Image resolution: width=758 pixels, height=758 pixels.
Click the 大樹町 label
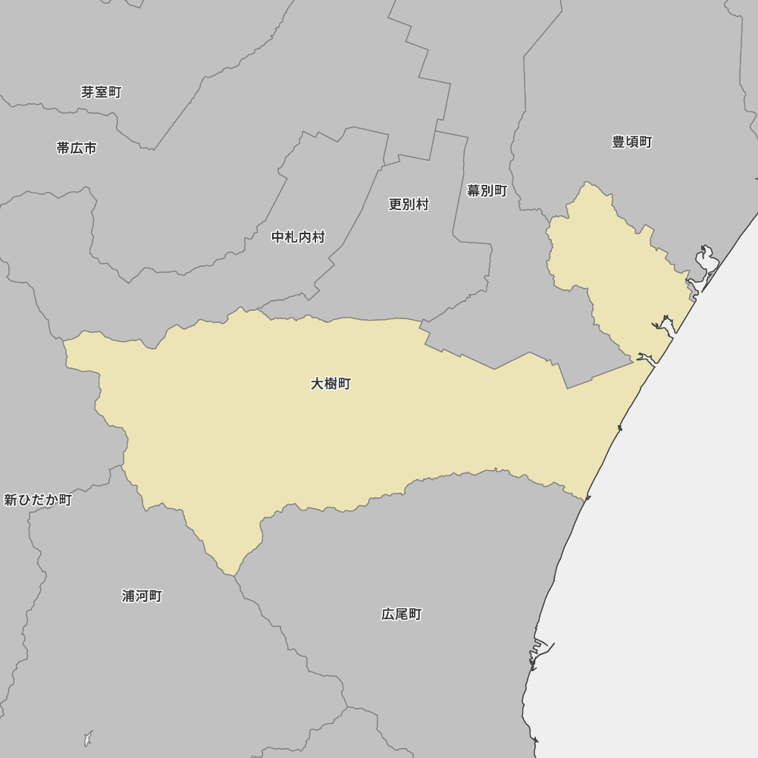pyautogui.click(x=330, y=384)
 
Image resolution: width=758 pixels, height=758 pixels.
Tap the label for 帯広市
pyautogui.click(x=77, y=148)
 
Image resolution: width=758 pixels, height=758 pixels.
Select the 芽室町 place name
pyautogui.click(x=101, y=92)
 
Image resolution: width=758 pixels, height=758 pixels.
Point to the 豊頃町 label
pyautogui.click(x=631, y=142)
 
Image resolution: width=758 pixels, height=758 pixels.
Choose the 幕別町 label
pyautogui.click(x=487, y=190)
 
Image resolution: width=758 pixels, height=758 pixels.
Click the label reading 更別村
pyautogui.click(x=409, y=204)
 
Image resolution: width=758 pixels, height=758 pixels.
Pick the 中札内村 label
pyautogui.click(x=298, y=236)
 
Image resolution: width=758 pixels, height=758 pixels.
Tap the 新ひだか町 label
pyautogui.click(x=38, y=500)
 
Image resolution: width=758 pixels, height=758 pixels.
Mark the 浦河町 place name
pyautogui.click(x=142, y=596)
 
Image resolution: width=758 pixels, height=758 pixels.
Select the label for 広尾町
pyautogui.click(x=401, y=614)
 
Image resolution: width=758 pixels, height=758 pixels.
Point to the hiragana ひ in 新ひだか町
pyautogui.click(x=24, y=500)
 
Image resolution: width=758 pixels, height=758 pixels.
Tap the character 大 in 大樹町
pyautogui.click(x=317, y=384)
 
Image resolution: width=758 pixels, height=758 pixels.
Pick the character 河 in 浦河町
pyautogui.click(x=142, y=596)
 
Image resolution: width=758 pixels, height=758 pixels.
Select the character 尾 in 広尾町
pyautogui.click(x=401, y=614)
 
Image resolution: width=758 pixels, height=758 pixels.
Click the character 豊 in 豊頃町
pyautogui.click(x=619, y=142)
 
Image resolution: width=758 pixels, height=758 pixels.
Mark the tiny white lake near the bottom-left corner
pyautogui.click(x=88, y=738)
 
